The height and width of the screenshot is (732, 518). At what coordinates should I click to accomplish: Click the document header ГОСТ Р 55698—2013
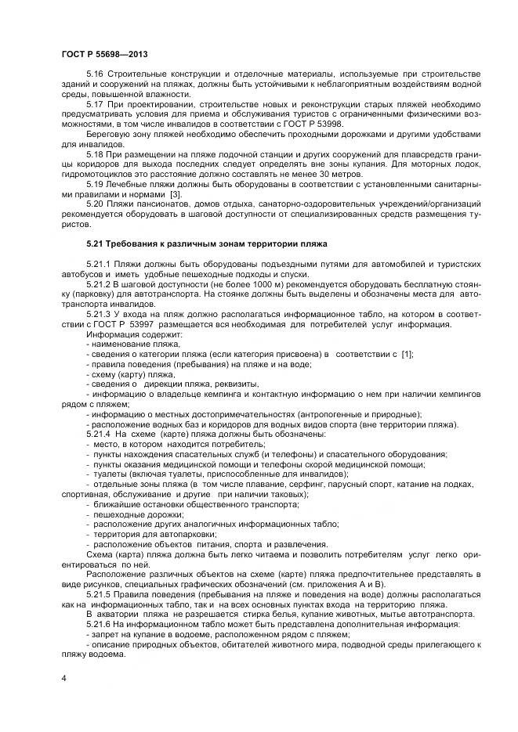103,53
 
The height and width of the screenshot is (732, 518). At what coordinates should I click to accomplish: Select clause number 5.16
96,74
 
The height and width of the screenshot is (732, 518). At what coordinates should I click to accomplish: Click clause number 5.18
96,155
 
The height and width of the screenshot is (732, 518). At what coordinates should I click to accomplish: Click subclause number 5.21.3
99,315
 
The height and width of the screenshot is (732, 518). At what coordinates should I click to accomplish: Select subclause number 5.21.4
99,434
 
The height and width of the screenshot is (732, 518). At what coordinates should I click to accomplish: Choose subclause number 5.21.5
99,594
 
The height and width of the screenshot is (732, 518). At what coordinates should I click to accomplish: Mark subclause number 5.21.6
99,625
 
